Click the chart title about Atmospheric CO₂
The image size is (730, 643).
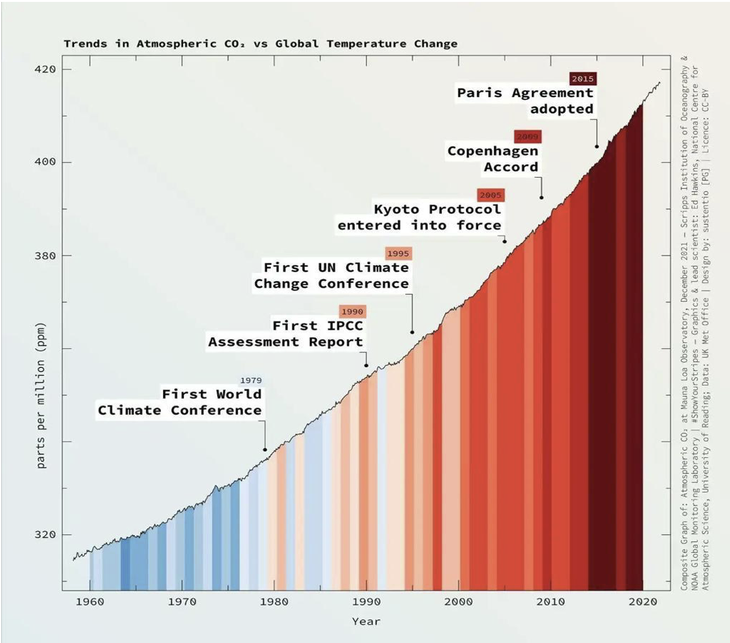click(x=260, y=44)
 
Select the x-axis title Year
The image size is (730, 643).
click(x=366, y=622)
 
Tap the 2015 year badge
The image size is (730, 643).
click(x=582, y=79)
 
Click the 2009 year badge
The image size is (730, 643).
click(x=527, y=136)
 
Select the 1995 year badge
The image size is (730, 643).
click(x=398, y=253)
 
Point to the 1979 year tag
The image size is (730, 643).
click(x=250, y=381)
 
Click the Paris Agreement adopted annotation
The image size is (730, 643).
click(x=526, y=101)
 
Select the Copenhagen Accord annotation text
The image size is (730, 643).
click(x=493, y=159)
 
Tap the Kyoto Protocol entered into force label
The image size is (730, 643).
click(x=420, y=217)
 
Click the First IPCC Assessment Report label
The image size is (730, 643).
click(x=287, y=334)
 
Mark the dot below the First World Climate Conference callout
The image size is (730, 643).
click(x=265, y=450)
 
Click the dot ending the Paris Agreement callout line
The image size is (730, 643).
click(x=597, y=147)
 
